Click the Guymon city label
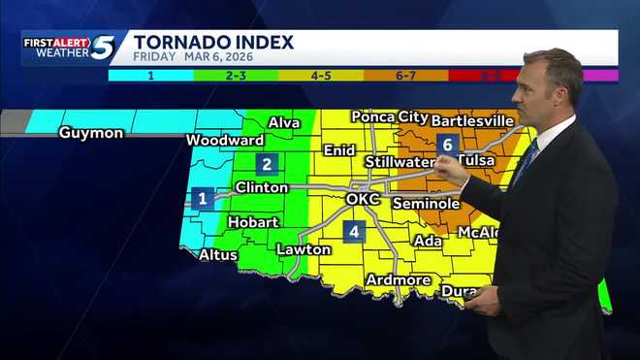91,133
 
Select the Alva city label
284,123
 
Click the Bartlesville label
471,120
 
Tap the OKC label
363,200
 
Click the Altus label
217,255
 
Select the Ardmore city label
399,280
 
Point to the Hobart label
253,222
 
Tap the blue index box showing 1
203,199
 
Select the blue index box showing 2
268,164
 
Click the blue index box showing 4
355,232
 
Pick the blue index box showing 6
447,145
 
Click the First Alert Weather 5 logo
69,48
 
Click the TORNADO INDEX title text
213,41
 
